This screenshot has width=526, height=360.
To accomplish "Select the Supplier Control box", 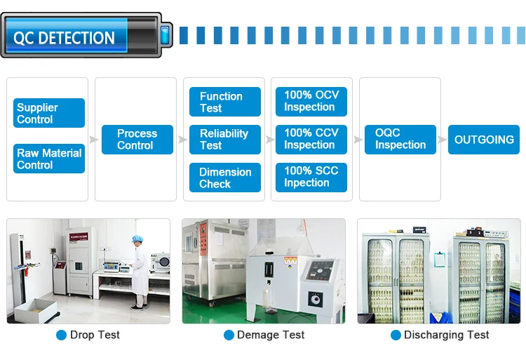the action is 49,113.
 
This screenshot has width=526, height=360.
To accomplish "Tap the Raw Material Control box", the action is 49,159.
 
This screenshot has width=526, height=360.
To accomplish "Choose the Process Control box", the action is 137,139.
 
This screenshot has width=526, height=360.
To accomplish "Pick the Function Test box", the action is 224,102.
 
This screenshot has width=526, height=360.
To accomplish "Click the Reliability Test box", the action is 224,139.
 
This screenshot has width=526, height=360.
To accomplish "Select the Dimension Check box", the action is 224,178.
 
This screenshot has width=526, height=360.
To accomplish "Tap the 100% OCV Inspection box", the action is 311,101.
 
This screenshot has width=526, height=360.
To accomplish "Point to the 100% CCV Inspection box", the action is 311,139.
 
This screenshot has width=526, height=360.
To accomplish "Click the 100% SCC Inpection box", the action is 311,177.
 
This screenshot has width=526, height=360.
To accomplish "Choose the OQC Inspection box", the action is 400,139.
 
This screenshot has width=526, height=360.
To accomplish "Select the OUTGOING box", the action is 484,140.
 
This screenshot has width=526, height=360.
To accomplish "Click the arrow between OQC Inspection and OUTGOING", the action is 443,140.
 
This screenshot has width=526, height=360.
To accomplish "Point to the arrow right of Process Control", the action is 182,140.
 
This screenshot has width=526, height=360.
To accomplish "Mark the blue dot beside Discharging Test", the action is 396,335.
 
